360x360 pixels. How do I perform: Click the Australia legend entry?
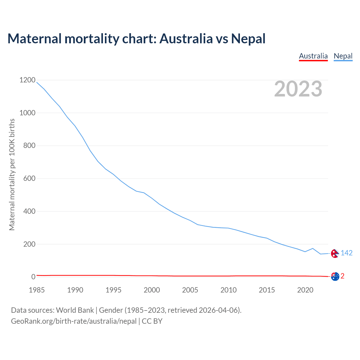(313, 56)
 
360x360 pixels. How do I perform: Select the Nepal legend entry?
(343, 56)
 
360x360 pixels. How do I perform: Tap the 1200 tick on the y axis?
(28, 80)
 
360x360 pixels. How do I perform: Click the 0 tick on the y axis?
(33, 277)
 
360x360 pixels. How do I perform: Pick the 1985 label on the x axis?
(37, 290)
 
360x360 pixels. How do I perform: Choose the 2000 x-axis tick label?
(152, 290)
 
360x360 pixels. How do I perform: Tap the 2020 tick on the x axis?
(305, 290)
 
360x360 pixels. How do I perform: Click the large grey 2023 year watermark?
(298, 89)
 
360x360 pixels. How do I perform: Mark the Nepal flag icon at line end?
(335, 253)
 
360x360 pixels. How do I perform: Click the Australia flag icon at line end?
(335, 276)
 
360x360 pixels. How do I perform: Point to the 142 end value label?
(346, 253)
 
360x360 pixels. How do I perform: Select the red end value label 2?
(343, 276)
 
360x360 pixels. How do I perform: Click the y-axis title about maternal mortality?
(12, 174)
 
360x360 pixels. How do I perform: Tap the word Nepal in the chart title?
(248, 39)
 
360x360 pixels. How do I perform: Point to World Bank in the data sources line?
(75, 310)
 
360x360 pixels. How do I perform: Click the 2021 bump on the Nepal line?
(313, 248)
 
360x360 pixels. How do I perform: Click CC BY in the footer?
(152, 321)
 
